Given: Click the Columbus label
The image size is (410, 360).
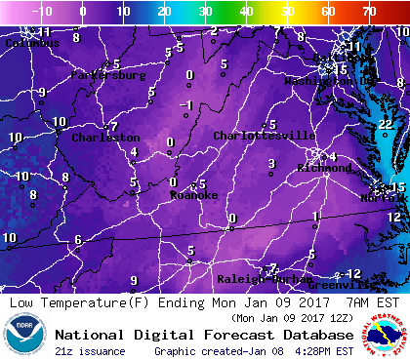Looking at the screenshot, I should [27, 43].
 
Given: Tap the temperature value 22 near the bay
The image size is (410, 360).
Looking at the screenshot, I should [385, 124].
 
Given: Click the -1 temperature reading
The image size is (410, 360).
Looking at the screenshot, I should [188, 105].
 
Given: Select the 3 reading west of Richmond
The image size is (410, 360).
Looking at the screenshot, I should [270, 163].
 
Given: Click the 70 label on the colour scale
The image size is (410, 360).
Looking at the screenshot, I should [368, 12].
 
